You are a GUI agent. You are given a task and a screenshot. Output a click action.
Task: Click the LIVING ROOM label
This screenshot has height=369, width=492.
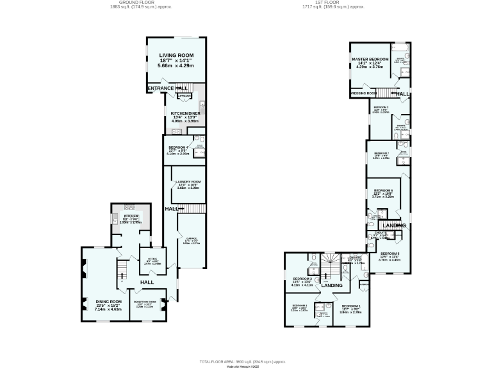pyautogui.click(x=176, y=56)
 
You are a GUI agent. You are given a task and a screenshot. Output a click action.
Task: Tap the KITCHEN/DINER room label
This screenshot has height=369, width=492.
pyautogui.click(x=185, y=113)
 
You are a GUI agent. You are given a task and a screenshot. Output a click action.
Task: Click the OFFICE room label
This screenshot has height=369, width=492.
pyautogui.click(x=152, y=258)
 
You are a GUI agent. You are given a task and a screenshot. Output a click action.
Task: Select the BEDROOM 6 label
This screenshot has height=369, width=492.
pyautogui.click(x=382, y=190)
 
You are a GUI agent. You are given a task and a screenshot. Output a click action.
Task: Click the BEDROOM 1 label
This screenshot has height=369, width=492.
pyautogui.click(x=350, y=306)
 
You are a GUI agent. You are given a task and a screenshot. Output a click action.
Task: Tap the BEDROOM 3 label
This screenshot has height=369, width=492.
pyautogui.click(x=302, y=279)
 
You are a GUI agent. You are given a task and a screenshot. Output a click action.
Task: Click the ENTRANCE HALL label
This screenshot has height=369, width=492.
pyautogui.click(x=168, y=88)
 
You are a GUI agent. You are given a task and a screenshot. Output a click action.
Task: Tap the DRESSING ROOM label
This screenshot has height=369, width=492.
pyautogui.click(x=363, y=94)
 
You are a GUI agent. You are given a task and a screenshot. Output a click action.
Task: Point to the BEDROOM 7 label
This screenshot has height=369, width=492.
pyautogui.click(x=381, y=153)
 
